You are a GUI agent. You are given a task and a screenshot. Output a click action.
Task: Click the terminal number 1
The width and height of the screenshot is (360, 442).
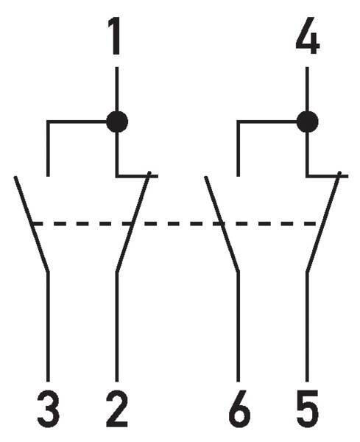click(115, 36)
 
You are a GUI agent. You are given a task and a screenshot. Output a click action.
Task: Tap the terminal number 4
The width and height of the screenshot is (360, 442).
click(307, 35)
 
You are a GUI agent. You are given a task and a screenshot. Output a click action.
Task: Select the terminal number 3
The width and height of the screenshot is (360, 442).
click(48, 408)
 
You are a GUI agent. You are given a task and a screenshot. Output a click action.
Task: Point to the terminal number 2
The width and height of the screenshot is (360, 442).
click(117, 408)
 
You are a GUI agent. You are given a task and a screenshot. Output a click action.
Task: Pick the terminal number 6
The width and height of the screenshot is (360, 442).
click(239, 408)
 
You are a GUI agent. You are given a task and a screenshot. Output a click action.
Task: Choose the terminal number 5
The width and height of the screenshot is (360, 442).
click(308, 409)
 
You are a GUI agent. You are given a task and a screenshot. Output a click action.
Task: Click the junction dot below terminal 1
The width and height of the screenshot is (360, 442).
click(117, 122)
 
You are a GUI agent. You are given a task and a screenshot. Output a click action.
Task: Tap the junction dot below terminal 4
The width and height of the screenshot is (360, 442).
click(307, 122)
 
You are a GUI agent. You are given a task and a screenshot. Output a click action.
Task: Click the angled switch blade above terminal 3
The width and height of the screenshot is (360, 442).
click(32, 224)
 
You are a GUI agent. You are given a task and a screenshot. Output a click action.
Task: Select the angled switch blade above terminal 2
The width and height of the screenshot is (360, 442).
click(133, 222)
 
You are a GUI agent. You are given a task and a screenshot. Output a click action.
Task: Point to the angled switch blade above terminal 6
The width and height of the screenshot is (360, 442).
click(222, 224)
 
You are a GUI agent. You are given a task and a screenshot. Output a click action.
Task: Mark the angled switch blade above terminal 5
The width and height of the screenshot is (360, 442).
click(323, 222)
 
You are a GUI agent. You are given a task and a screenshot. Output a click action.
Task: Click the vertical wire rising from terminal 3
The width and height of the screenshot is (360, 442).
click(48, 327)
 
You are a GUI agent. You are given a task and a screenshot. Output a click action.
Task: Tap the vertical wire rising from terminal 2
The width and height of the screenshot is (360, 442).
click(117, 327)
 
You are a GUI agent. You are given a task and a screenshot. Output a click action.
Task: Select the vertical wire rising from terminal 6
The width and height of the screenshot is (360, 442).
click(239, 327)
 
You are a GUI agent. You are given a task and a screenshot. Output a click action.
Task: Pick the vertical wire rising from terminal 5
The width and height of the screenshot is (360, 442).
click(307, 327)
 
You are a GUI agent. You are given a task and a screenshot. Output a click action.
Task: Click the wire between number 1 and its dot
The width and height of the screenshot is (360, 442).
click(117, 89)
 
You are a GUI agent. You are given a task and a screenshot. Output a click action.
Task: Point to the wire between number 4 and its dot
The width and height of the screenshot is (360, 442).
click(307, 89)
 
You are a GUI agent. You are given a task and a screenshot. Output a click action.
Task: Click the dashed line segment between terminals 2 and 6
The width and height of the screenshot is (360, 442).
click(175, 224)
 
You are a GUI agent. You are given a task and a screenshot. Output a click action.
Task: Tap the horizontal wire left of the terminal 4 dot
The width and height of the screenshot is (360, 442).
click(267, 122)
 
